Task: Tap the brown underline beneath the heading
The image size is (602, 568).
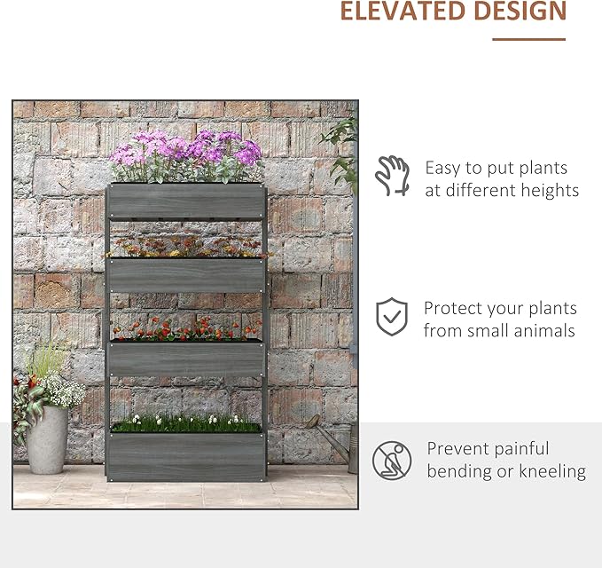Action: (528, 39)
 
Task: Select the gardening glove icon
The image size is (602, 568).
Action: (392, 176)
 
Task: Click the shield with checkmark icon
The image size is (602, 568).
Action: (392, 317)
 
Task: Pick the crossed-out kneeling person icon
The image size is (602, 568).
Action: (392, 460)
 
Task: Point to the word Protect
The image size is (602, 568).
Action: (454, 309)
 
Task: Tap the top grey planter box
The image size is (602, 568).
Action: (187, 201)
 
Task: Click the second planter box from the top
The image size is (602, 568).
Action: (186, 275)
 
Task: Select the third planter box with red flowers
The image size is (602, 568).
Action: (186, 358)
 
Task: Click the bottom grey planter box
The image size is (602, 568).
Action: (185, 455)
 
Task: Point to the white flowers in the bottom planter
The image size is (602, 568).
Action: (185, 422)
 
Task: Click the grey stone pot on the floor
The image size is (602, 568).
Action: (47, 440)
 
